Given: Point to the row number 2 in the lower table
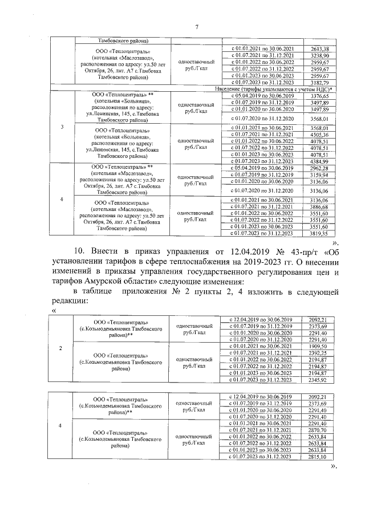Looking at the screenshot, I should (x=61, y=347).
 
